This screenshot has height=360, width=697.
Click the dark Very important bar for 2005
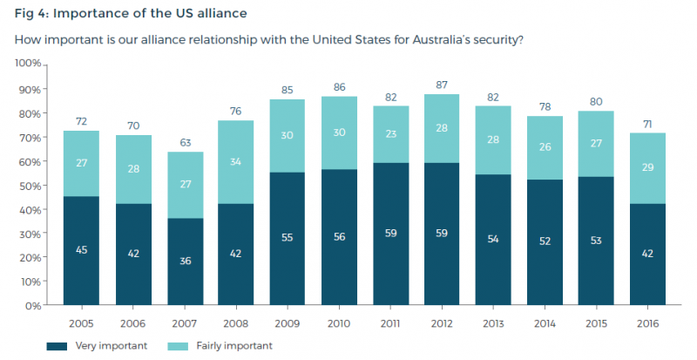(x=82, y=251)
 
